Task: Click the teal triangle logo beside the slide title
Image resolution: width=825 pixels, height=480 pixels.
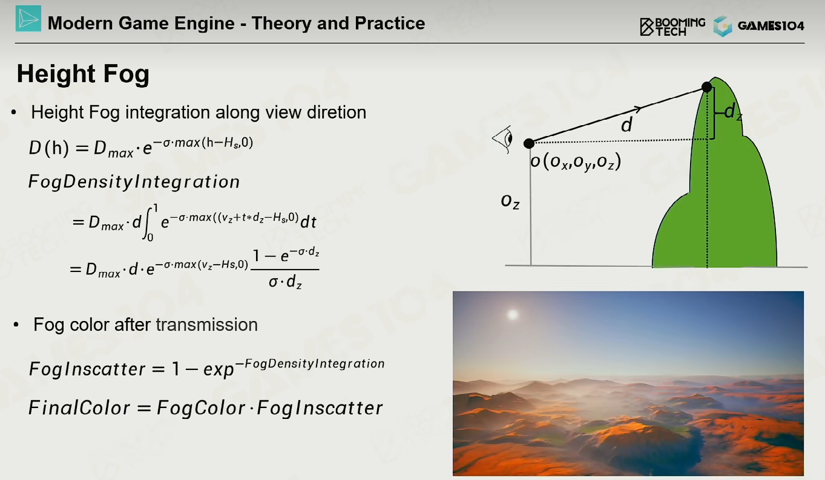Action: (28, 18)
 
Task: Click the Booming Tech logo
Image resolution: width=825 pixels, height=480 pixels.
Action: (672, 27)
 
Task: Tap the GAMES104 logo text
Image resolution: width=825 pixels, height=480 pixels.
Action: (771, 26)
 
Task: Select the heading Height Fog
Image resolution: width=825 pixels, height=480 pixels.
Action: (84, 74)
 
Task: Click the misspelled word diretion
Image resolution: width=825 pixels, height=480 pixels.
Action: (337, 112)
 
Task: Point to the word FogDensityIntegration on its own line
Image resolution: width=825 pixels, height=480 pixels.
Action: (134, 182)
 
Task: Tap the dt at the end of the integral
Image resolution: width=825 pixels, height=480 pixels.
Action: (308, 222)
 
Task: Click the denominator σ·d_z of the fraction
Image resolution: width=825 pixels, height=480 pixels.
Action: (285, 282)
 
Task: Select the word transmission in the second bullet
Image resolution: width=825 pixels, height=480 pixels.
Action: (206, 325)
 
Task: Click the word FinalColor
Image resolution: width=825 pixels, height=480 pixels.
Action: (79, 408)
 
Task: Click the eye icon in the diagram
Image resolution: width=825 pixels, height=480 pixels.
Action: (503, 139)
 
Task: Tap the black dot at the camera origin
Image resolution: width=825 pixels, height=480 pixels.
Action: (529, 143)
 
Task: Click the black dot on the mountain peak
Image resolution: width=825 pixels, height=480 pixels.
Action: (706, 87)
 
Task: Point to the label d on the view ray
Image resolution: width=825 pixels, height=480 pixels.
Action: (626, 125)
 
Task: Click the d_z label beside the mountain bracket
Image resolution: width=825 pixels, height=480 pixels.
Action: (733, 112)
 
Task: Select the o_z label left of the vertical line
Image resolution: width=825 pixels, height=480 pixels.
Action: (510, 201)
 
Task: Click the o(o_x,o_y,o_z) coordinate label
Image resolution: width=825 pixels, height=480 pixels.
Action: (576, 161)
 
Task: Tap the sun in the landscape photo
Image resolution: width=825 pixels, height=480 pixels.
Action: (513, 314)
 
